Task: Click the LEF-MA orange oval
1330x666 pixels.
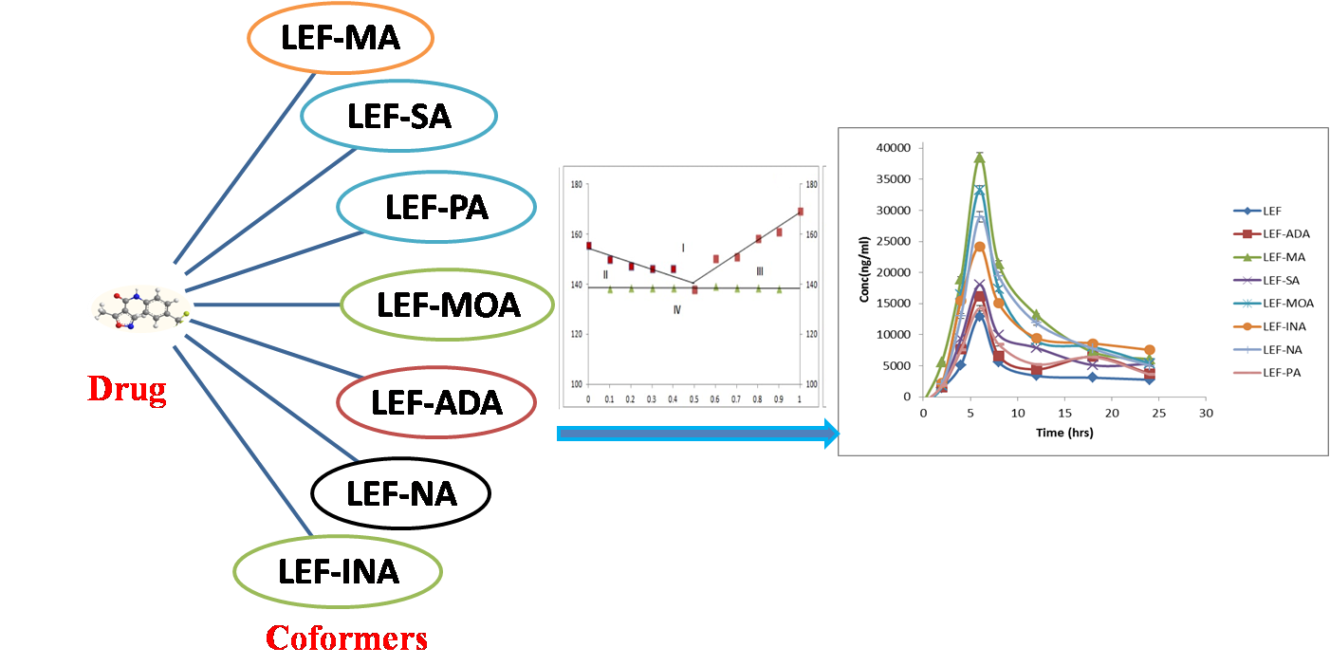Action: pyautogui.click(x=340, y=38)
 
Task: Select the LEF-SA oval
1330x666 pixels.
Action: pyautogui.click(x=398, y=117)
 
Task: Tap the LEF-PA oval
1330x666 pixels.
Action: pyautogui.click(x=436, y=206)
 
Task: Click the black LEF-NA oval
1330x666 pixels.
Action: pyautogui.click(x=400, y=493)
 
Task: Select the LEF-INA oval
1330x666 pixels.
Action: pyautogui.click(x=338, y=571)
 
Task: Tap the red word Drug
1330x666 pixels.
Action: pyautogui.click(x=127, y=389)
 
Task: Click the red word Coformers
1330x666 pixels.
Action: pyautogui.click(x=346, y=638)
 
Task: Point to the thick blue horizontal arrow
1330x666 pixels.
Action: pyautogui.click(x=697, y=435)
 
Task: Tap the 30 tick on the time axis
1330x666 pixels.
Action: pyautogui.click(x=1205, y=414)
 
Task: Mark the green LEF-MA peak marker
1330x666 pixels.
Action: pyautogui.click(x=979, y=157)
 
